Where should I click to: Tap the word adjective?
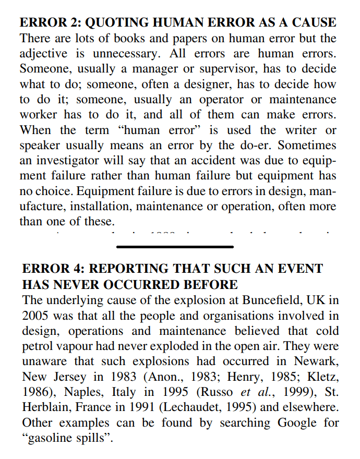(x=45, y=54)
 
